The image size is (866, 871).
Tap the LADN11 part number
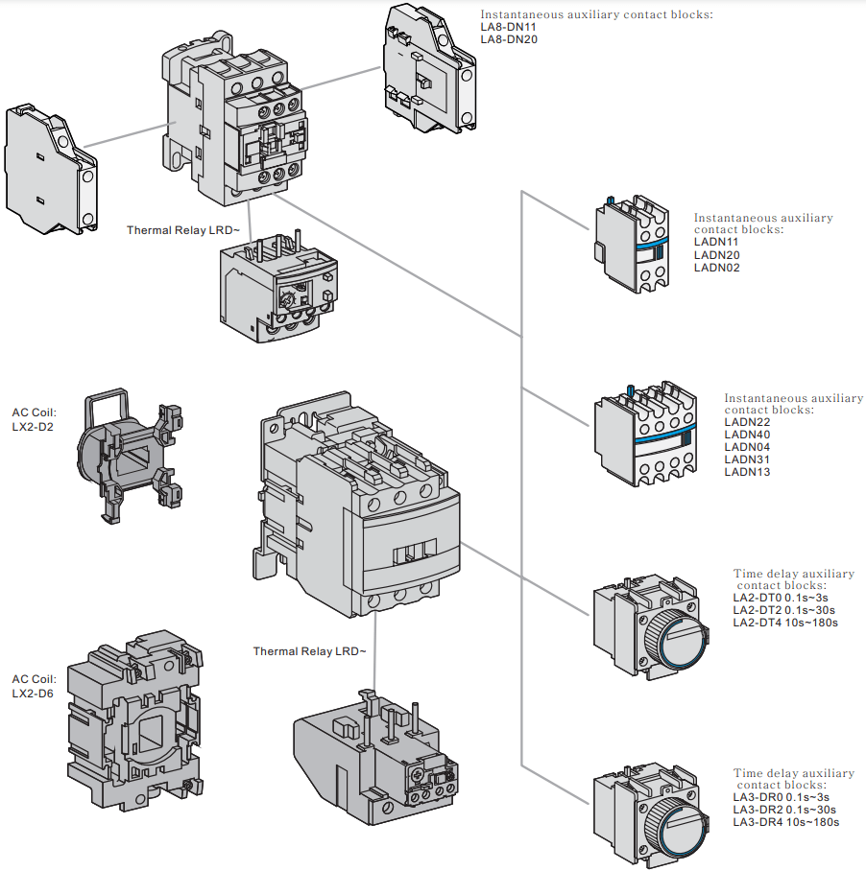tap(717, 243)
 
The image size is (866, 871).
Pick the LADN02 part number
tap(717, 268)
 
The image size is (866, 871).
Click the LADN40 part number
tap(747, 435)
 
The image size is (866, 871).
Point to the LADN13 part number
tap(747, 472)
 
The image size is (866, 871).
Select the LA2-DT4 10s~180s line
tap(785, 623)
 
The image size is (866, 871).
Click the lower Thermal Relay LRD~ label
tap(309, 651)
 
